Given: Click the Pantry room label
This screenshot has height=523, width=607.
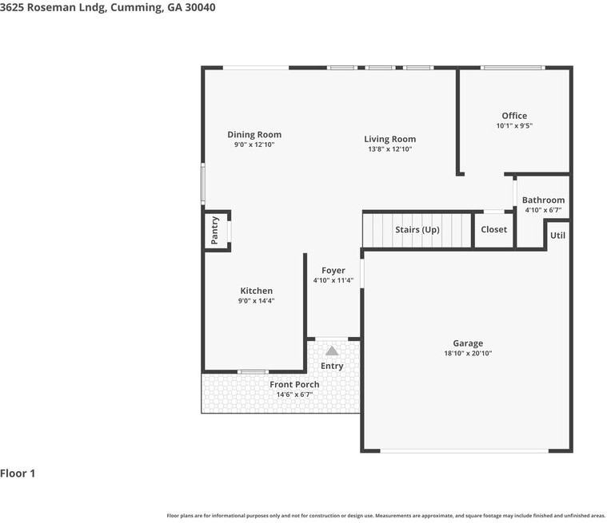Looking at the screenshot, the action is point(215,230).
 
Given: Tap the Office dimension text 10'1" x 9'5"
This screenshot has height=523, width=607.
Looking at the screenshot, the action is point(514,125).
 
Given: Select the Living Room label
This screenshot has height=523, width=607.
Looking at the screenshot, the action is point(389,139).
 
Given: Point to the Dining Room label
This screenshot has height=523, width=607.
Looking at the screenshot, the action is point(254,134).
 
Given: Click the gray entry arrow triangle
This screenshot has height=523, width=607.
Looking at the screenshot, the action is point(332,351).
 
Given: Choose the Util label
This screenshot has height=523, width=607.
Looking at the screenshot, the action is point(557,236).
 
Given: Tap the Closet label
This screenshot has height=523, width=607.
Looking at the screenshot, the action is point(493,230).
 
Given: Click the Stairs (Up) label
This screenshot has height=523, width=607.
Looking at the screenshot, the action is point(417,230).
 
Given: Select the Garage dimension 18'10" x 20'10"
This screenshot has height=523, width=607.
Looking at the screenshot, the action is point(468,353).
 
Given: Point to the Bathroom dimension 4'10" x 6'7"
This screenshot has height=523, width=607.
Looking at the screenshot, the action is point(543,210).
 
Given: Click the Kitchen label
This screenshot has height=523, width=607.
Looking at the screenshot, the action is point(256,291).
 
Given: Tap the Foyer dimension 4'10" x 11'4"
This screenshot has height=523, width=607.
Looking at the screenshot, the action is point(333,280).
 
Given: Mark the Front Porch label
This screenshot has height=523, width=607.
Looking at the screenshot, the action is point(294,385).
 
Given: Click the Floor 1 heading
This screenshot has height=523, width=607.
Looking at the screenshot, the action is point(18,473).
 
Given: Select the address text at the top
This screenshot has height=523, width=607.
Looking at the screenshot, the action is point(108,7).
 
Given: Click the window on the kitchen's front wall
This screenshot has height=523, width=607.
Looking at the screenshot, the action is point(253,372).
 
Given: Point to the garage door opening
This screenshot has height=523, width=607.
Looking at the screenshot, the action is point(464,450).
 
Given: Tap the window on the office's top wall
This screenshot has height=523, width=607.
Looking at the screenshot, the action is point(513,68).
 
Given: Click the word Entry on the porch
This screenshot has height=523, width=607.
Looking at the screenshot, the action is point(332,366).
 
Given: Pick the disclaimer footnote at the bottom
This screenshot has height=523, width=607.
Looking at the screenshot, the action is point(386,516).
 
